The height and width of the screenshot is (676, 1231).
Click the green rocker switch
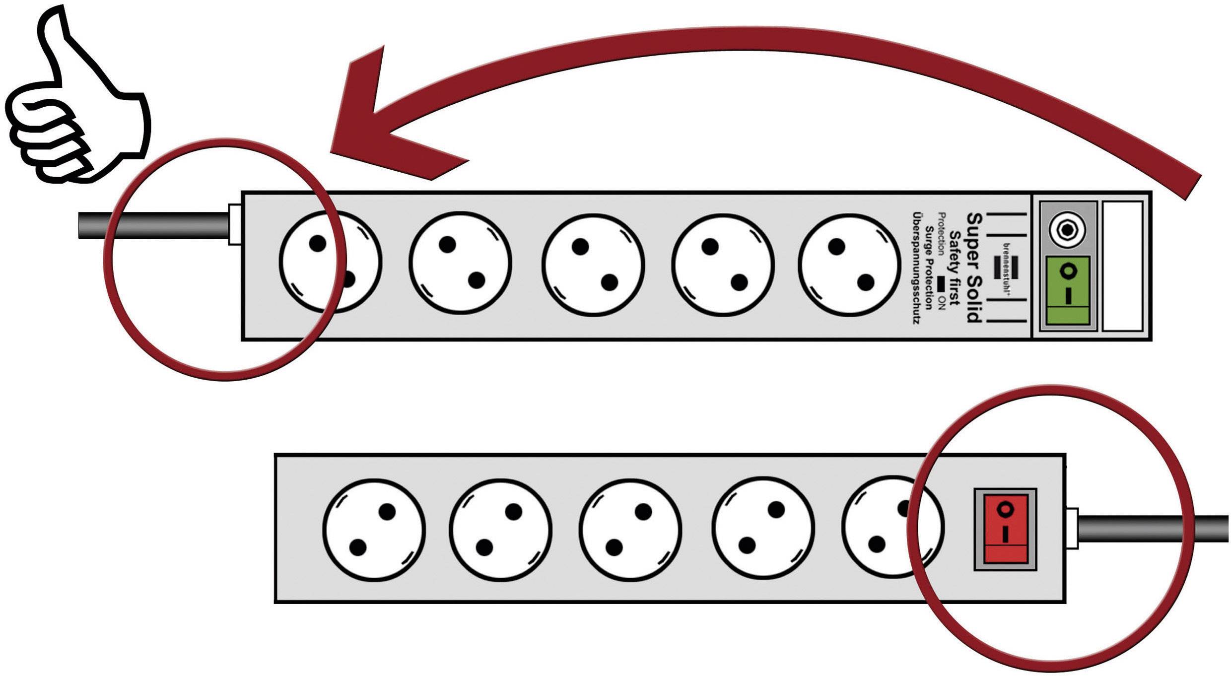[1067, 290]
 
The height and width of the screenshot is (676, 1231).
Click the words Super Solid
[974, 268]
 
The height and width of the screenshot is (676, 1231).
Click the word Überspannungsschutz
[916, 268]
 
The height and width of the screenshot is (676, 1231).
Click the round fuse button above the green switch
[1067, 229]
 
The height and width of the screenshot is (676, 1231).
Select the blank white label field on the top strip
[1122, 266]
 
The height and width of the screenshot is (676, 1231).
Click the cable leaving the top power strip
[154, 226]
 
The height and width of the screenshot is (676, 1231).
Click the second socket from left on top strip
[461, 263]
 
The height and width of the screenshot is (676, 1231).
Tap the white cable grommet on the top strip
[234, 224]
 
